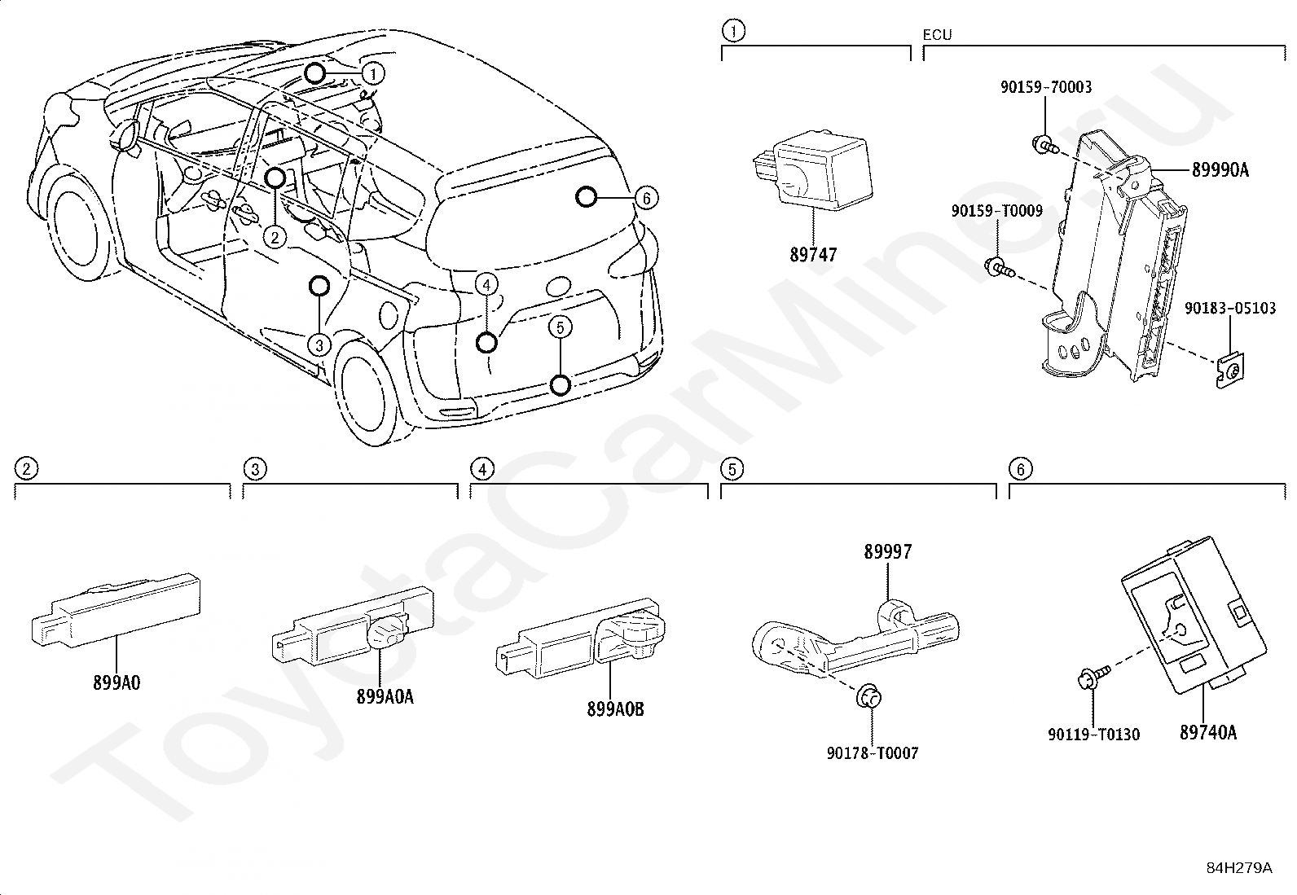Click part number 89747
[814, 255]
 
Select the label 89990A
[1220, 170]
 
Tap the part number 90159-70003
[1046, 87]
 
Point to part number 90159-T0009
[997, 211]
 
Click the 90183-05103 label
[1230, 308]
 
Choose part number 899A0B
[615, 709]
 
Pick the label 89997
[888, 551]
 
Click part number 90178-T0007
[873, 753]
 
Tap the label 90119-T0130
[1094, 735]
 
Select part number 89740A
[1208, 733]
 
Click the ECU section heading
[938, 35]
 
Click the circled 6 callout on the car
[647, 198]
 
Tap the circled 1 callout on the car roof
[373, 73]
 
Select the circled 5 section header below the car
[732, 469]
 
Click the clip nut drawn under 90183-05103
[1231, 371]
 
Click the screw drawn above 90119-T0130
[1094, 676]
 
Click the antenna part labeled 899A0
[116, 612]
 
